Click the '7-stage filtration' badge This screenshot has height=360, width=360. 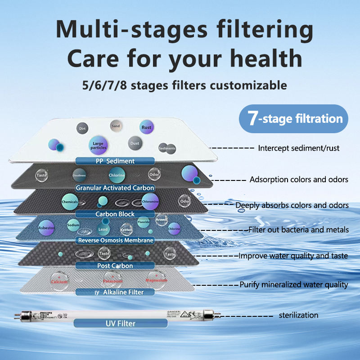(x=294, y=119)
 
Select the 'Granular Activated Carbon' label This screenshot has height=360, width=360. (x=115, y=188)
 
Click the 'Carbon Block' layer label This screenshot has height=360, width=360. (x=115, y=214)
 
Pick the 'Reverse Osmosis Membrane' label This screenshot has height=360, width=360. (x=116, y=240)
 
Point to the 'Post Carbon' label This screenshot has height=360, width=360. (x=115, y=266)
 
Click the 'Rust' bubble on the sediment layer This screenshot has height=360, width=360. (x=146, y=127)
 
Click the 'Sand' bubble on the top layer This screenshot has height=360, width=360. (x=116, y=126)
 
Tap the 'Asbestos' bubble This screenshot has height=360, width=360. (x=46, y=228)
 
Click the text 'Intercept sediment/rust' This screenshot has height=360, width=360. (x=298, y=148)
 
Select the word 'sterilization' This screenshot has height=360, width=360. (x=298, y=315)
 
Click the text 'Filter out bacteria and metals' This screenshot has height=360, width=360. (x=298, y=230)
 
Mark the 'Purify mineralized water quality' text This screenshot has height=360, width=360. (x=293, y=284)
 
